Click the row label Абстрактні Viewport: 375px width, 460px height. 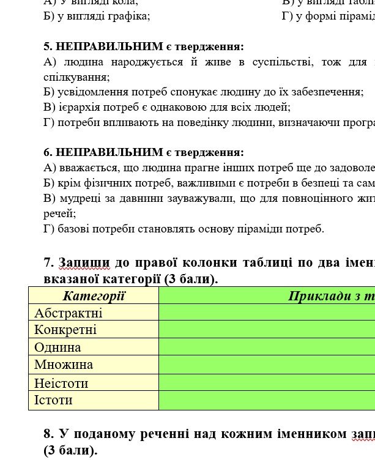click(69, 313)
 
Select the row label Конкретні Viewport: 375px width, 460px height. click(65, 330)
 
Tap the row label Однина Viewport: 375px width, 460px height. click(58, 347)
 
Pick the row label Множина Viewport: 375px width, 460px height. click(64, 365)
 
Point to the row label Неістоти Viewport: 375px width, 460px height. click(61, 384)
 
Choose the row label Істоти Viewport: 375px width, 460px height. click(53, 401)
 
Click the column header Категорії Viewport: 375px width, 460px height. click(94, 297)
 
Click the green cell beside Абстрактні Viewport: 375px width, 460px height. click(267, 313)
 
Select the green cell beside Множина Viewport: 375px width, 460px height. click(267, 365)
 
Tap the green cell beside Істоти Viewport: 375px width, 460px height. click(267, 401)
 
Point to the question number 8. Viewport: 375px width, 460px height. click(48, 434)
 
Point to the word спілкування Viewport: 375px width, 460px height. click(76, 77)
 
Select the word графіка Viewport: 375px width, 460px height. click(128, 17)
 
